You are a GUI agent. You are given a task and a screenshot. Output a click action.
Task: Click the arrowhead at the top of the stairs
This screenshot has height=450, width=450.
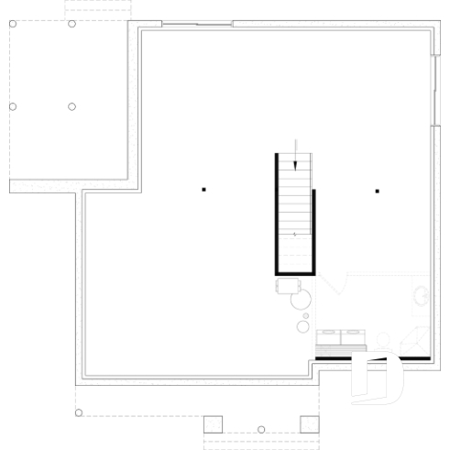[x=295, y=164]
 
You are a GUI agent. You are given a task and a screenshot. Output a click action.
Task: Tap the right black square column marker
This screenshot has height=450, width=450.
[x=377, y=191]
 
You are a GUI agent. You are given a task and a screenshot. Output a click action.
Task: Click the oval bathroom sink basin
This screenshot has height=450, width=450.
[x=422, y=296]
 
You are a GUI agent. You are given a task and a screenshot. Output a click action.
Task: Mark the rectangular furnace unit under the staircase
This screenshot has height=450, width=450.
[x=283, y=287]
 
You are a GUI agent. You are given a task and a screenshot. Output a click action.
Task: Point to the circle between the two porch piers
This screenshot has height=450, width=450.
[x=261, y=429]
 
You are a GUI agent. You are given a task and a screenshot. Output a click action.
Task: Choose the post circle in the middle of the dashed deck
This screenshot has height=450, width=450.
[x=71, y=106]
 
